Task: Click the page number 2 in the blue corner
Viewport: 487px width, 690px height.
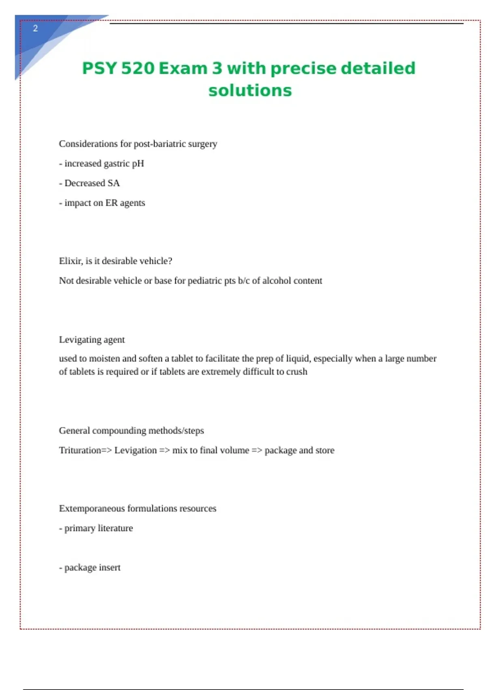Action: click(35, 28)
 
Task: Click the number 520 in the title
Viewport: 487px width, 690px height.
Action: click(138, 68)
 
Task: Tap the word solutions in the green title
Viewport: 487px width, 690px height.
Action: click(250, 91)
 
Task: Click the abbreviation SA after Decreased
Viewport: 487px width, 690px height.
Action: click(114, 183)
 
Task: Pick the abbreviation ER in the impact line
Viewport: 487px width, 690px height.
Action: click(111, 203)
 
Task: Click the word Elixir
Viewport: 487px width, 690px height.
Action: click(71, 261)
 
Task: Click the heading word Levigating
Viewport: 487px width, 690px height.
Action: click(80, 340)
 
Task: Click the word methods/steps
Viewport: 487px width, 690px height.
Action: click(176, 431)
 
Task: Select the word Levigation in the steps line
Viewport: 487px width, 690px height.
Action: click(135, 451)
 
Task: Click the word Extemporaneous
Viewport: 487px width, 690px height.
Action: click(92, 509)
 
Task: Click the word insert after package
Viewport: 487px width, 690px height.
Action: click(110, 567)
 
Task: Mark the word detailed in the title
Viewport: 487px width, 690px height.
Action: click(378, 68)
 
